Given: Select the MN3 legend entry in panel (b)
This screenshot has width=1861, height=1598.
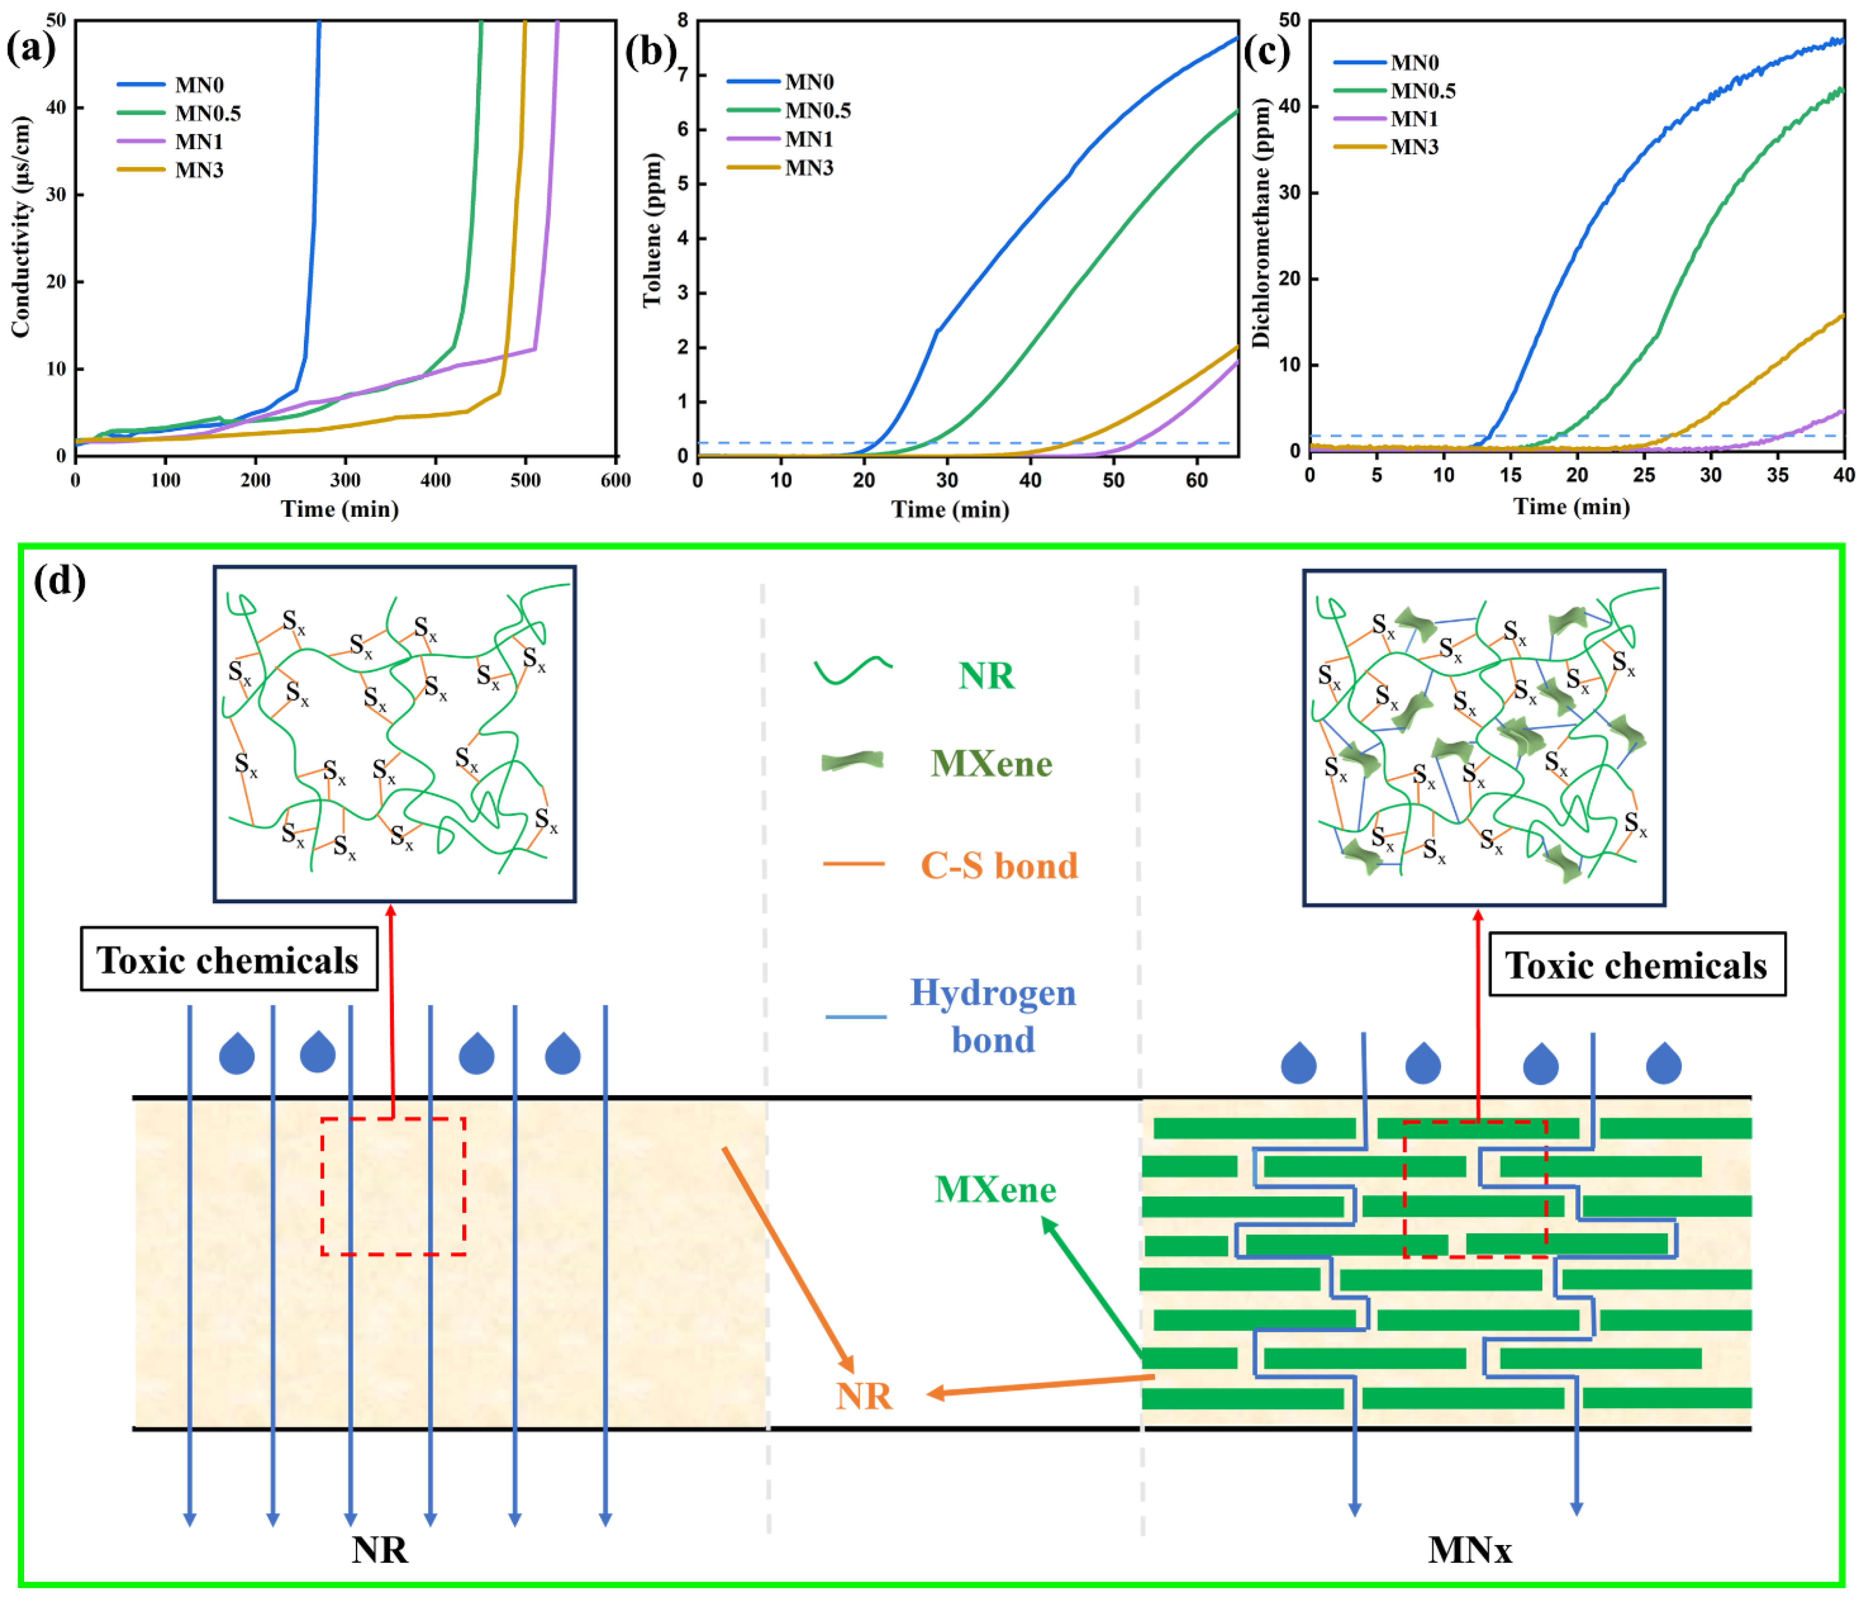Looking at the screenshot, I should [808, 168].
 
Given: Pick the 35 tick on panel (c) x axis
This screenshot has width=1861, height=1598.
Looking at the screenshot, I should [1777, 475].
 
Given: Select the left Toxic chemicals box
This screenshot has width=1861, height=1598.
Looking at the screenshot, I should [228, 960].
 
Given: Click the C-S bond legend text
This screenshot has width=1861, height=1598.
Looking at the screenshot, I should [999, 865].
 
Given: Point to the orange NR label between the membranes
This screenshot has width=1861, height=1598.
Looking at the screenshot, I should [864, 1396].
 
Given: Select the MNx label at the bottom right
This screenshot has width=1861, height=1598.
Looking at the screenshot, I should [1469, 1550].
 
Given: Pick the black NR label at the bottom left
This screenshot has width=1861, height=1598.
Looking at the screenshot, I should [380, 1550].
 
